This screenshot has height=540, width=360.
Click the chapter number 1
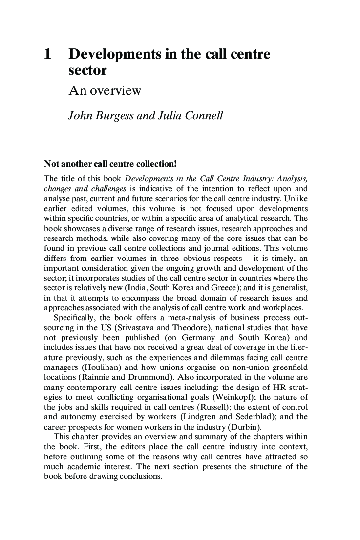[x=47, y=54]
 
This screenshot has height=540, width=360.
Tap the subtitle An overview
[x=105, y=90]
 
